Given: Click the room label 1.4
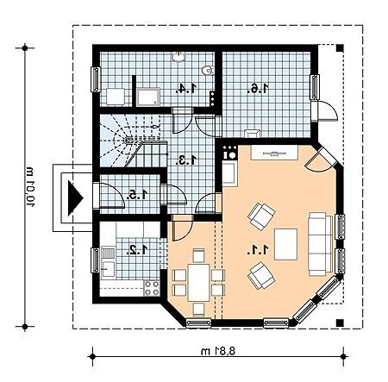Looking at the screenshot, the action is [186, 89].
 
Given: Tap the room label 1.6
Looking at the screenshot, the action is [258, 89].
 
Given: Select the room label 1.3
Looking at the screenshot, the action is [186, 160].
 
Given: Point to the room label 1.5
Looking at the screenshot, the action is [137, 195].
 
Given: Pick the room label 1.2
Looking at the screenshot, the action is [137, 249].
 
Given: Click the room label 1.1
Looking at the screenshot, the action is [258, 249].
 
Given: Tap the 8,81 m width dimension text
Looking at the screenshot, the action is [218, 351].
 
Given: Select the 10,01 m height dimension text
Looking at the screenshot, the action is [29, 187].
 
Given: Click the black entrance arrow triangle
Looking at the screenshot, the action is [75, 197].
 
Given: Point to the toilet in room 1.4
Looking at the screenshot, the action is [208, 71].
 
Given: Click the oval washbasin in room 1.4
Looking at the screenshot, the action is [179, 57].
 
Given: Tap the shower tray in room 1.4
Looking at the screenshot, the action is [148, 97].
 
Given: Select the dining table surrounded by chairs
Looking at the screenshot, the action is [199, 283].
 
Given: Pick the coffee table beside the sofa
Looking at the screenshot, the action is [285, 244].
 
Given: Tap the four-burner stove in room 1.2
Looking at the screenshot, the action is [152, 288].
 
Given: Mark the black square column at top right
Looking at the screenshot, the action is [340, 48].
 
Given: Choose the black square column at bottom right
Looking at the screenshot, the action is [340, 323].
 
